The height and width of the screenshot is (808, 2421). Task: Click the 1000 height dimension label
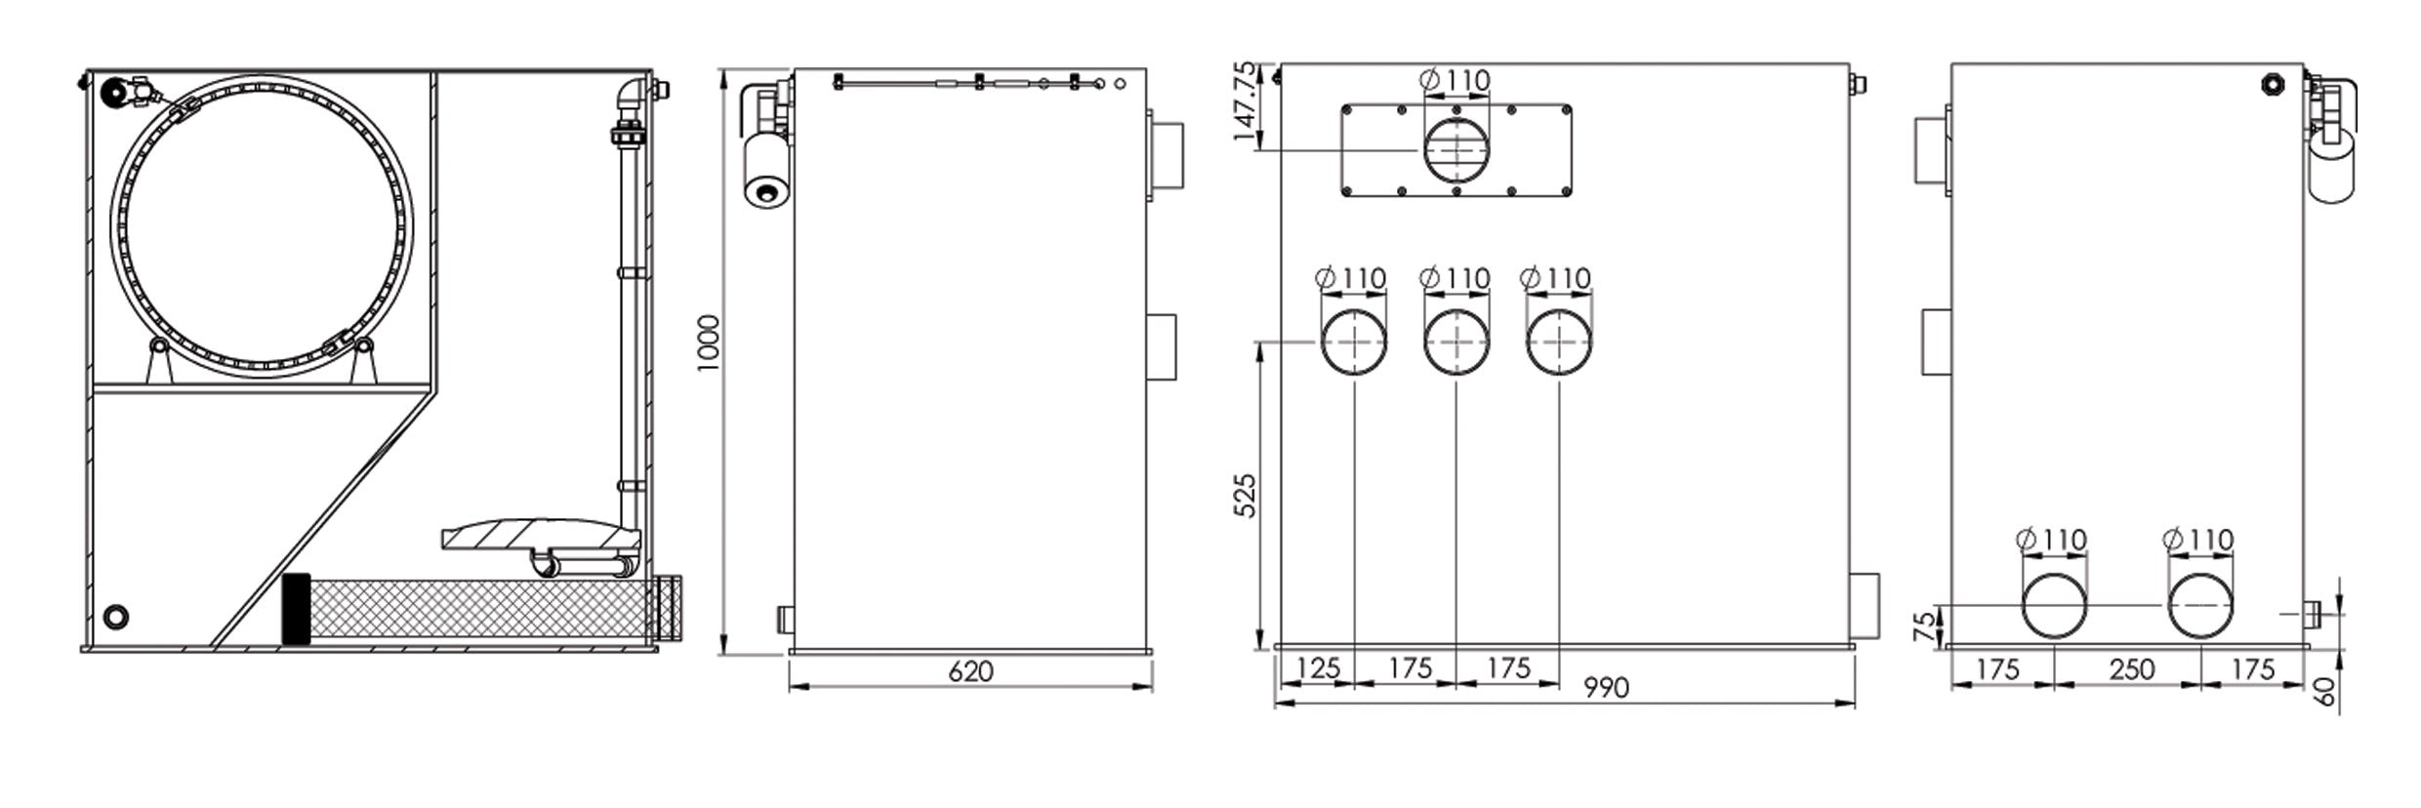click(709, 343)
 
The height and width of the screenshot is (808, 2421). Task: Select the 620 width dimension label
click(970, 671)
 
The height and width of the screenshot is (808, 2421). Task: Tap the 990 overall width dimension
click(1606, 688)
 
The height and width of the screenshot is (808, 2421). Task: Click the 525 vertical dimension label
click(1245, 496)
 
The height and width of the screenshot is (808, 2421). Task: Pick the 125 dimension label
click(1318, 668)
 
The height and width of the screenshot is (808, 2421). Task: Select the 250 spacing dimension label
click(2131, 669)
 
